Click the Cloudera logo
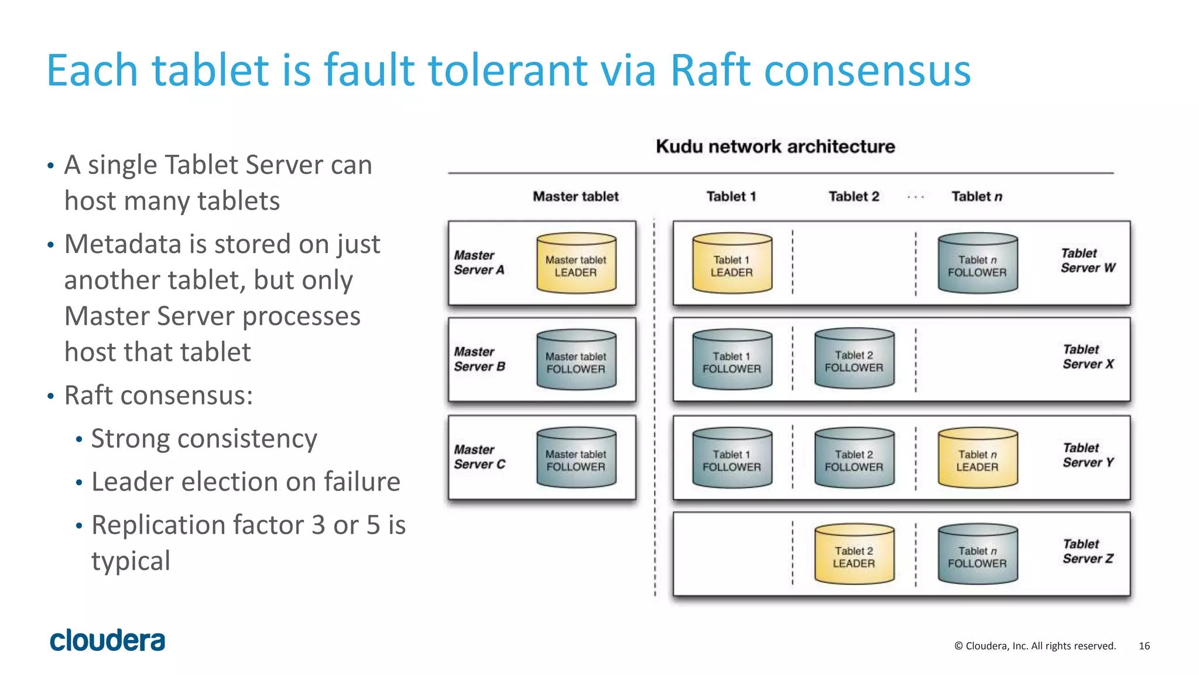[x=107, y=640]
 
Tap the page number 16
[x=1144, y=646]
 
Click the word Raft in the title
[x=710, y=70]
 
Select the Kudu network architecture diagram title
[x=775, y=146]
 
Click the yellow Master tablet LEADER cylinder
[x=576, y=264]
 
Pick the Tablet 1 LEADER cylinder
[x=732, y=264]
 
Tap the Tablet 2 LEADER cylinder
[x=854, y=555]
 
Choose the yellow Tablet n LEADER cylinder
[x=977, y=458]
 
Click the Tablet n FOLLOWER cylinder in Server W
[x=977, y=264]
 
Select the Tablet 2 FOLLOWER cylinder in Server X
[x=854, y=359]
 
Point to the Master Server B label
[x=479, y=359]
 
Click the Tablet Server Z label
[x=1088, y=551]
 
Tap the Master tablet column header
[x=575, y=197]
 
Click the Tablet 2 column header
[x=854, y=197]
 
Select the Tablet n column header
[x=977, y=197]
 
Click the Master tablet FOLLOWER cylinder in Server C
[x=576, y=458]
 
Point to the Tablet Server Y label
[x=1088, y=455]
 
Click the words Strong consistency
[x=204, y=438]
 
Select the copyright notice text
[x=1035, y=646]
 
